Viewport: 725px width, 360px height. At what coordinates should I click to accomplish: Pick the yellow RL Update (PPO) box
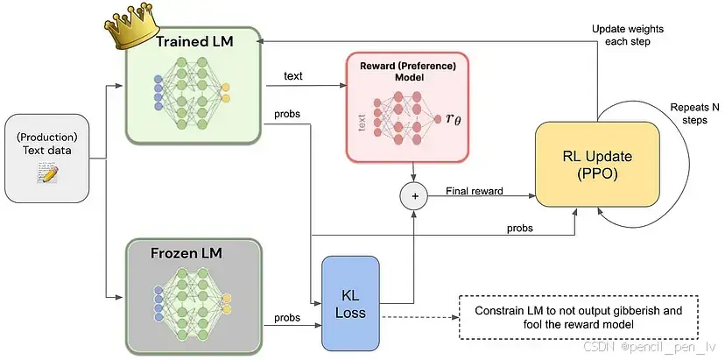[x=597, y=165]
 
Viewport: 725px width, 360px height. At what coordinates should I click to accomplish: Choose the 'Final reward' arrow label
[x=474, y=190]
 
